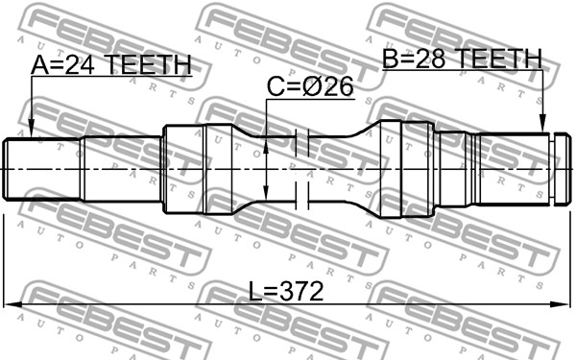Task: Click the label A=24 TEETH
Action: pyautogui.click(x=111, y=64)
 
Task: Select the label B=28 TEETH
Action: pyautogui.click(x=462, y=58)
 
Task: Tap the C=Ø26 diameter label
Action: pyautogui.click(x=310, y=86)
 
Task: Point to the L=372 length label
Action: pyautogui.click(x=286, y=291)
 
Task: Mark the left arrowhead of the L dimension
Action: pyautogui.click(x=12, y=304)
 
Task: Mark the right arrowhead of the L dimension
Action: pyautogui.click(x=560, y=304)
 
